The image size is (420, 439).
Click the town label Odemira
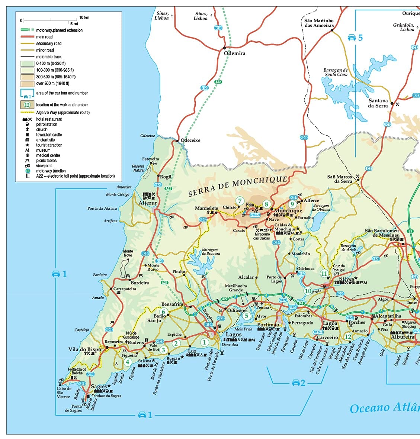click(234, 53)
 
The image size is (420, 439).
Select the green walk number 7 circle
click(240, 201)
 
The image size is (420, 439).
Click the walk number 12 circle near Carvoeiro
click(348, 337)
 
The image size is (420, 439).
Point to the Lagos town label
click(234, 335)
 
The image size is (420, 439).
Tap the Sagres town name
click(99, 387)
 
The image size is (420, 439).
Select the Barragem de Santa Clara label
click(336, 72)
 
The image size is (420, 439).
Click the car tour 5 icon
click(352, 38)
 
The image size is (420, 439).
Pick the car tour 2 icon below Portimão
click(296, 382)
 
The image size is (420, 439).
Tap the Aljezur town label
click(148, 203)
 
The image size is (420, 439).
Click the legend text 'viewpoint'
click(44, 166)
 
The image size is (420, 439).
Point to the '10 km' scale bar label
click(84, 17)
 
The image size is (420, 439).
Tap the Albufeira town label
click(402, 337)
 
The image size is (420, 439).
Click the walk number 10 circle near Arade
click(308, 291)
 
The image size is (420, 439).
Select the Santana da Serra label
click(378, 103)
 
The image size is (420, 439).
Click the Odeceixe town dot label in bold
click(190, 140)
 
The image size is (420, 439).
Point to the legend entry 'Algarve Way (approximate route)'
click(62, 112)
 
